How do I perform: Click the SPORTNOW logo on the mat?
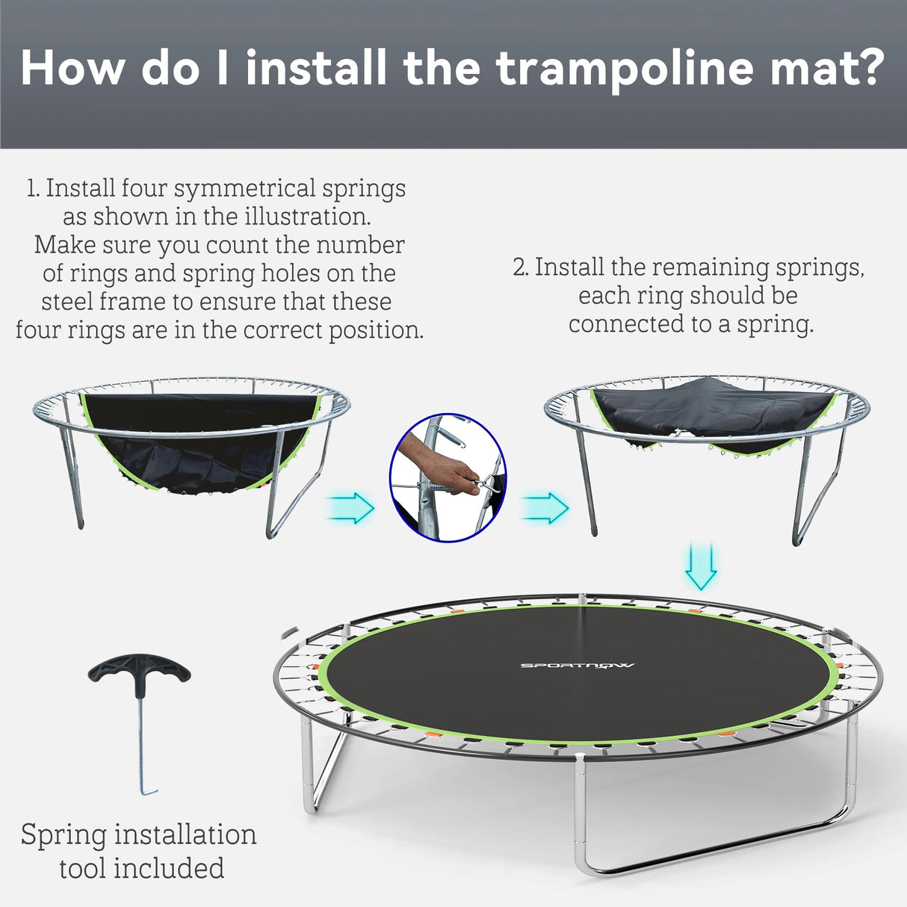coord(577,665)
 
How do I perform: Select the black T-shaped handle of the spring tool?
coord(139,669)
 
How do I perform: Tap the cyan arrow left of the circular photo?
coord(351,508)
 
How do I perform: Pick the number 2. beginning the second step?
coord(521,267)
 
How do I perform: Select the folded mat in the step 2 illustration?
coord(710,411)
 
